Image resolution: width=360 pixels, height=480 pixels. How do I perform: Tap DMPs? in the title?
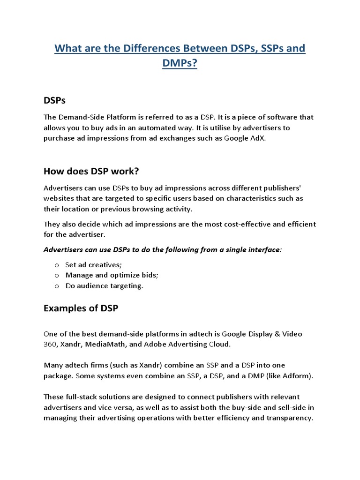(180, 64)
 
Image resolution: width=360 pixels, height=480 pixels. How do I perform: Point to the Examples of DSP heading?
(81, 308)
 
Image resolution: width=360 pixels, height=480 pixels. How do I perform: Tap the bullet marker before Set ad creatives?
(57, 265)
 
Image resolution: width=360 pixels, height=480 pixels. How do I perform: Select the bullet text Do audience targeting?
(104, 285)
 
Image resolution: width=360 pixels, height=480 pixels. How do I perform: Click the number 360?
(50, 344)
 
